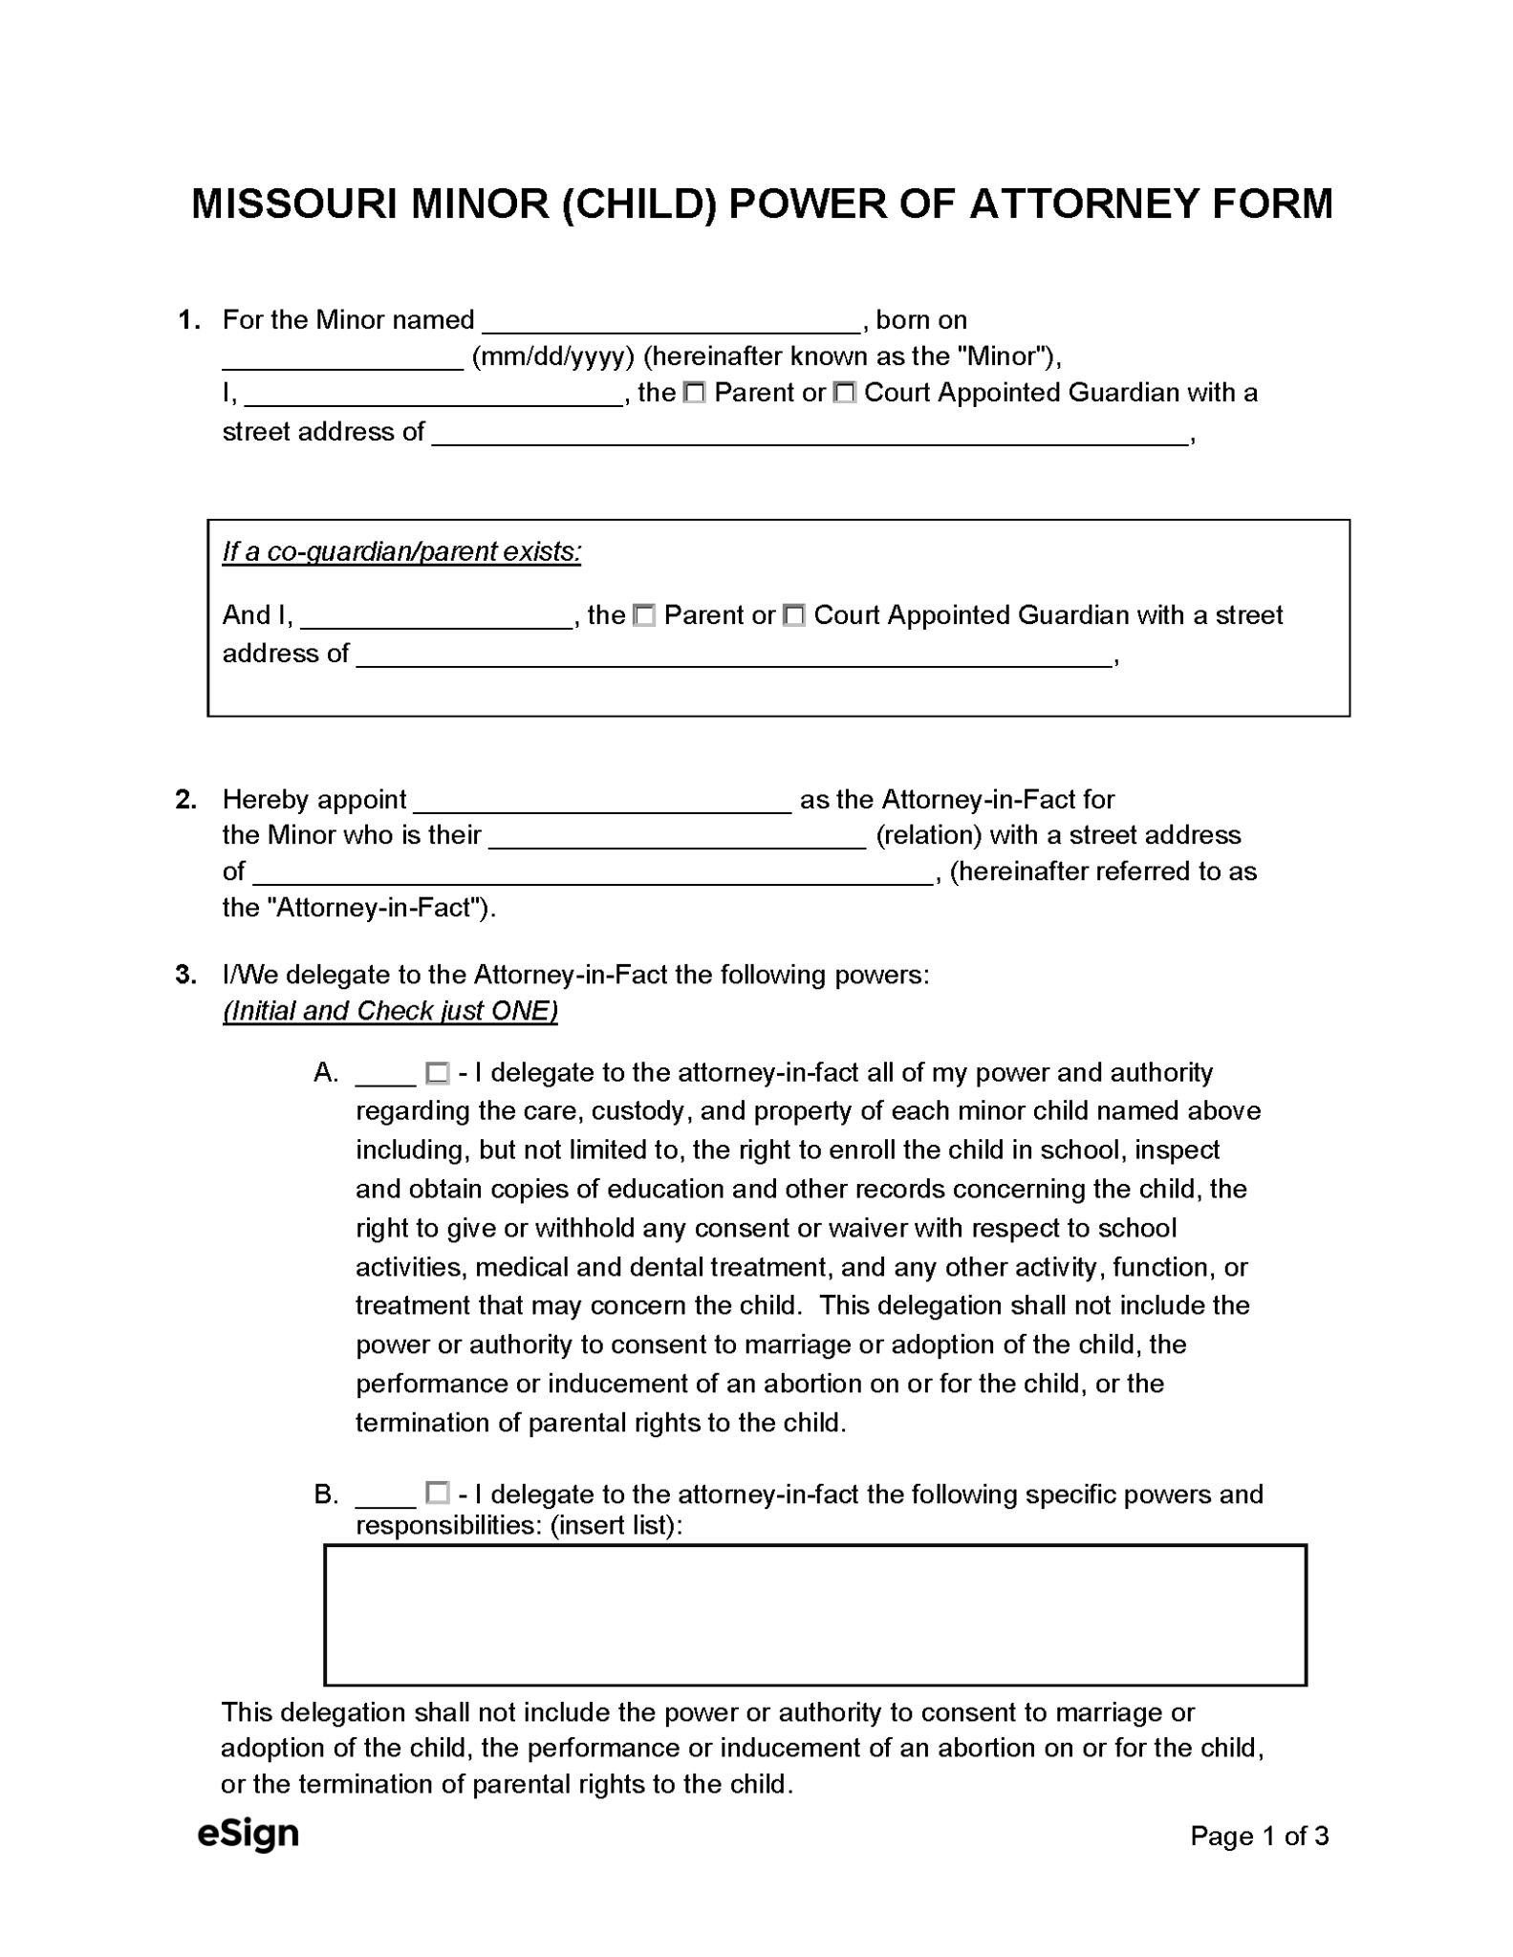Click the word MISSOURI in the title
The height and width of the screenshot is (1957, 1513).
[292, 204]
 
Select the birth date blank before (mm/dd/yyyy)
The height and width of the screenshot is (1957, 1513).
[342, 358]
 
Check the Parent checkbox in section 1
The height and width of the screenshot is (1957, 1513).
[695, 393]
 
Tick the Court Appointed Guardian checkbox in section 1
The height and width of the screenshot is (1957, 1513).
[844, 393]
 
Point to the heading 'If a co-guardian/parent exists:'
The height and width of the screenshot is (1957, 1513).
[401, 551]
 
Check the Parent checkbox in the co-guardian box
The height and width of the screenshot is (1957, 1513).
[645, 615]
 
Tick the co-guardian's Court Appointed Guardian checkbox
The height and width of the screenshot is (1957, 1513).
[794, 615]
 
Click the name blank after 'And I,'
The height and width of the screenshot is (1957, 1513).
[437, 617]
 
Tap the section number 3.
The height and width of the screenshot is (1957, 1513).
[185, 975]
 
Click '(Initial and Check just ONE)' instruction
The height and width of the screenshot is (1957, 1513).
[390, 1011]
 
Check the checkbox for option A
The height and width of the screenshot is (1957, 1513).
[437, 1073]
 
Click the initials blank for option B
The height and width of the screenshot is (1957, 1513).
[385, 1495]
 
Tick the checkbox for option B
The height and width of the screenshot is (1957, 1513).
[437, 1493]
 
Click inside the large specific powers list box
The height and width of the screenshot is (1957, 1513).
[814, 1615]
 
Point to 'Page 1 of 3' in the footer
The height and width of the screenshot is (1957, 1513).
[1259, 1836]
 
